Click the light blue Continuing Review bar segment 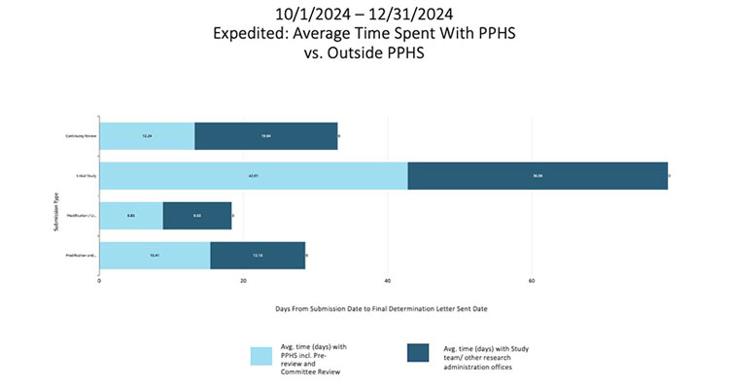tap(147, 136)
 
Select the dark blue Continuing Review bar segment tap(266, 136)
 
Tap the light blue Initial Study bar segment tap(254, 176)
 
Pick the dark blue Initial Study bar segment tap(538, 176)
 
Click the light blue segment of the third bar tap(131, 216)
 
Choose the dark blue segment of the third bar tap(197, 216)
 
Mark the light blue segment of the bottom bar tap(155, 256)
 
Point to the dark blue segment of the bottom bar tap(258, 256)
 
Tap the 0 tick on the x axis tap(99, 281)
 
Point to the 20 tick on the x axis tap(243, 281)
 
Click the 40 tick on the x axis tap(387, 281)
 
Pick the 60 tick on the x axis tap(532, 281)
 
